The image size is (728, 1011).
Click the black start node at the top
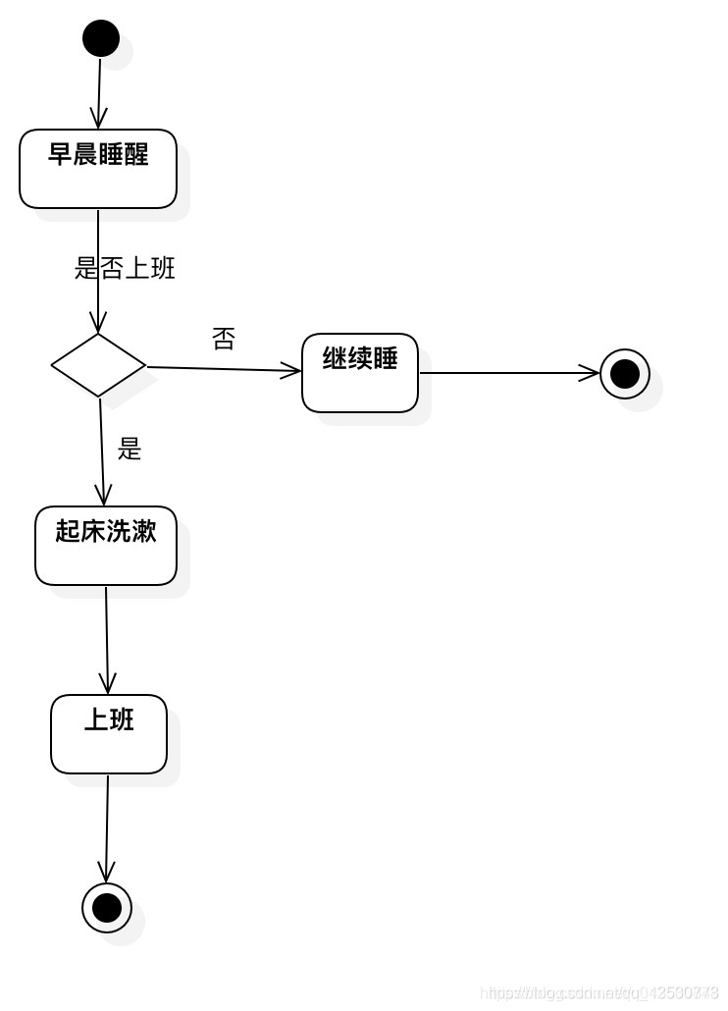[x=100, y=39]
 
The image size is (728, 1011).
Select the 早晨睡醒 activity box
[x=98, y=169]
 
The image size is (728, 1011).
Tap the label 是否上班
[x=125, y=268]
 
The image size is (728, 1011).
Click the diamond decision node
[x=98, y=365]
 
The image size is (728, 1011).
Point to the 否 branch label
[x=224, y=340]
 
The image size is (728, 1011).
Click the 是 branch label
[x=130, y=450]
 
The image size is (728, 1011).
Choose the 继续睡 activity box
[x=360, y=373]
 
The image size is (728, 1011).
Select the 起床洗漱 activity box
[x=106, y=546]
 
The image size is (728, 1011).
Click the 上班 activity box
[x=109, y=734]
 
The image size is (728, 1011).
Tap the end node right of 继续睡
[x=625, y=374]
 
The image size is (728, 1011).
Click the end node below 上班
[x=106, y=907]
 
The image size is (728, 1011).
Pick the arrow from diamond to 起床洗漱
[x=101, y=452]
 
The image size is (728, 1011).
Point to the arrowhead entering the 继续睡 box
[x=291, y=371]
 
